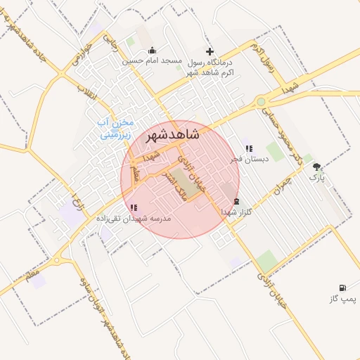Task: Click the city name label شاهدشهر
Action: click(x=172, y=135)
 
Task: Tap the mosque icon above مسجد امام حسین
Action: click(x=153, y=51)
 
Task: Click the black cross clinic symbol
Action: click(x=209, y=51)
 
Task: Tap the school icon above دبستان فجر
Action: click(x=249, y=148)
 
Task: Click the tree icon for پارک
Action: click(x=317, y=167)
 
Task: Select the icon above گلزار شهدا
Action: click(x=236, y=201)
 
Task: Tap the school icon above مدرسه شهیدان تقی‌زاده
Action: click(x=134, y=207)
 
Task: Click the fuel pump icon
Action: click(x=342, y=288)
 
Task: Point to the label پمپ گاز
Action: click(x=343, y=299)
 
